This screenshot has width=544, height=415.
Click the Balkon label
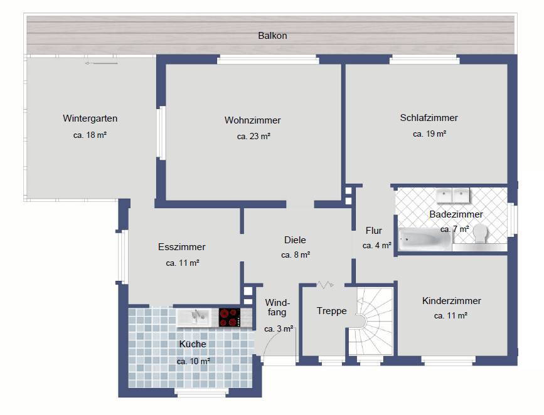coord(272,36)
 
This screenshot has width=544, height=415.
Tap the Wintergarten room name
coord(90,118)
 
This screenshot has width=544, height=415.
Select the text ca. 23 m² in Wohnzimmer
coord(253,136)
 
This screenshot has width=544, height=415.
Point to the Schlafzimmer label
coord(429,118)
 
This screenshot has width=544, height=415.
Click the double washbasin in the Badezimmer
coord(453,195)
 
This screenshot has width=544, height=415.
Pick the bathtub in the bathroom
coord(425,239)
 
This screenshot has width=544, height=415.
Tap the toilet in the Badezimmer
coord(481,233)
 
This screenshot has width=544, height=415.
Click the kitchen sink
coord(194,318)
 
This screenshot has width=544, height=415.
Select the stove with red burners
coord(230,318)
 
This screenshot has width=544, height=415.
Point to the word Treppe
coord(332,311)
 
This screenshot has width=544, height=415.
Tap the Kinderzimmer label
coord(451,300)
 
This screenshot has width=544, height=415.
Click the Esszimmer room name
coord(182,247)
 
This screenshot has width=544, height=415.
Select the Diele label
coord(295,240)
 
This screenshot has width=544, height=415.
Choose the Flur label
coord(374,231)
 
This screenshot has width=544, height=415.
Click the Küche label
coord(193,344)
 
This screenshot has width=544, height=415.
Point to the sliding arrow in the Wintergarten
coord(101,63)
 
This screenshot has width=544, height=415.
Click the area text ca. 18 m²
coord(90,135)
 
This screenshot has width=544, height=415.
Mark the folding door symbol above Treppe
coord(325,285)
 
